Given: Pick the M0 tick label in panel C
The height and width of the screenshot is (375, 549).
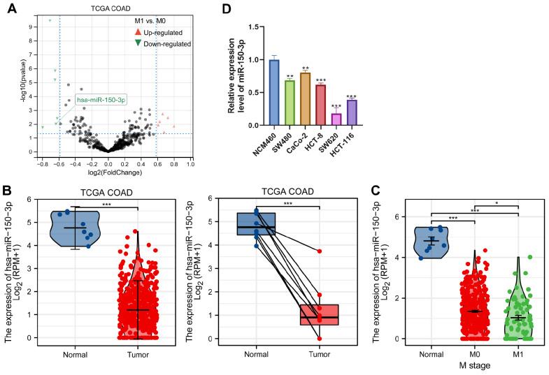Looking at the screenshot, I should [473, 353].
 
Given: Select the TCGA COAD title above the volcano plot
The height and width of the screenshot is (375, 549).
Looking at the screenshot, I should [107, 8].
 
